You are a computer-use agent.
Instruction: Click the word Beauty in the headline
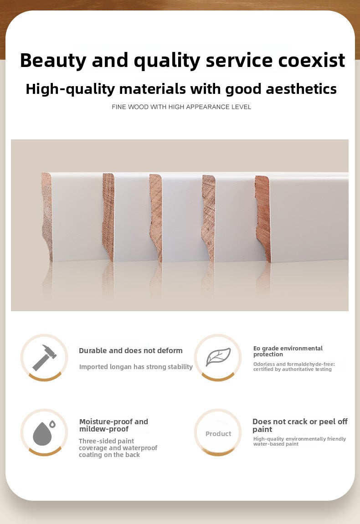[x=53, y=61]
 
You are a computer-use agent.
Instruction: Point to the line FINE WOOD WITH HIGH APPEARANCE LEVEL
[x=181, y=107]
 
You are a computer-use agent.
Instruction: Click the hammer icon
[x=45, y=358]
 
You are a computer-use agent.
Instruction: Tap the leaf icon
[x=218, y=357]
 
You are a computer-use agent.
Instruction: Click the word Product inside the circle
[x=218, y=433]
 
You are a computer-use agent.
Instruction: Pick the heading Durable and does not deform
[x=131, y=350]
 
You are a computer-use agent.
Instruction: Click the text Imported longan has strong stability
[x=136, y=367]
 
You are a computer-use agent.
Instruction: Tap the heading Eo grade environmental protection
[x=288, y=351]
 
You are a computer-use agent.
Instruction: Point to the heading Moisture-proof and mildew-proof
[x=113, y=426]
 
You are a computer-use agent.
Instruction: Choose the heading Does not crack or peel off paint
[x=300, y=426]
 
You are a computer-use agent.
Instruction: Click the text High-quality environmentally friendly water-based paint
[x=299, y=441]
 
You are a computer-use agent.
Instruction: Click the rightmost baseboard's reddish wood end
[x=263, y=219]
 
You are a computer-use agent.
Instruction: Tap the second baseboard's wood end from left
[x=108, y=217]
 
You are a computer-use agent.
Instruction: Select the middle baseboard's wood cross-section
[x=156, y=217]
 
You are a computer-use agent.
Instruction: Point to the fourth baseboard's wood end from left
[x=208, y=218]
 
